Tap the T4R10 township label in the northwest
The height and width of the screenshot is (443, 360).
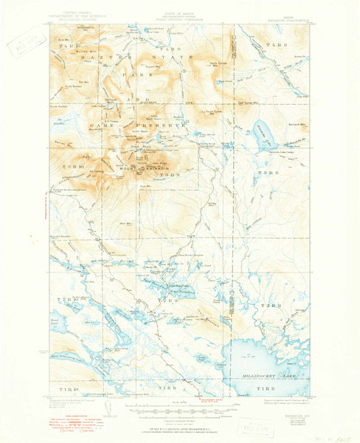(x=62, y=46)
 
